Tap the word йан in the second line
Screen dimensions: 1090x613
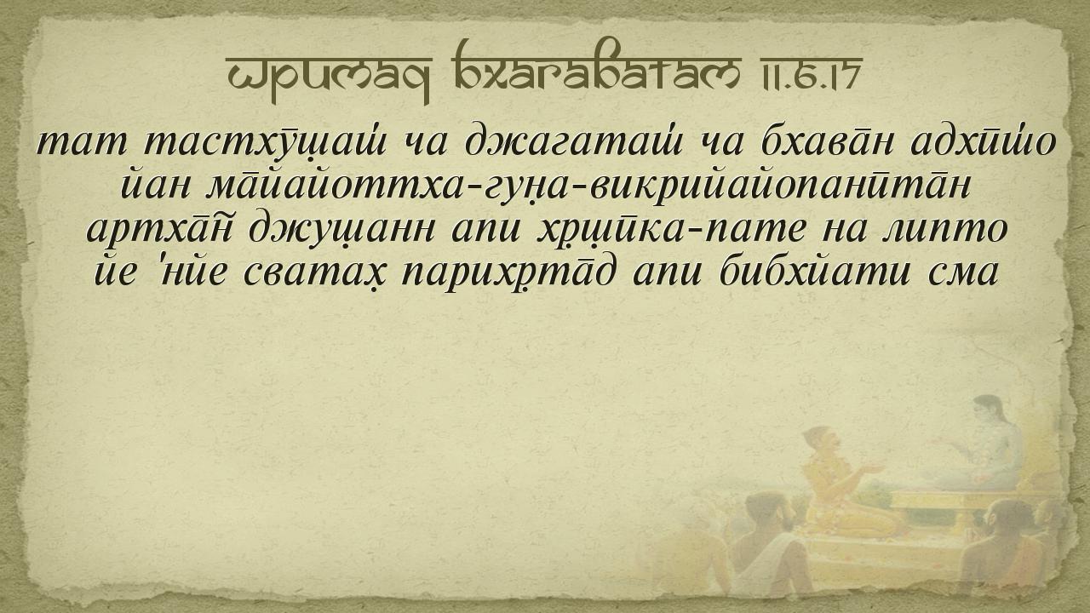tap(155, 186)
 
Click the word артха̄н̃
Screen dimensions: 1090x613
tap(159, 230)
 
